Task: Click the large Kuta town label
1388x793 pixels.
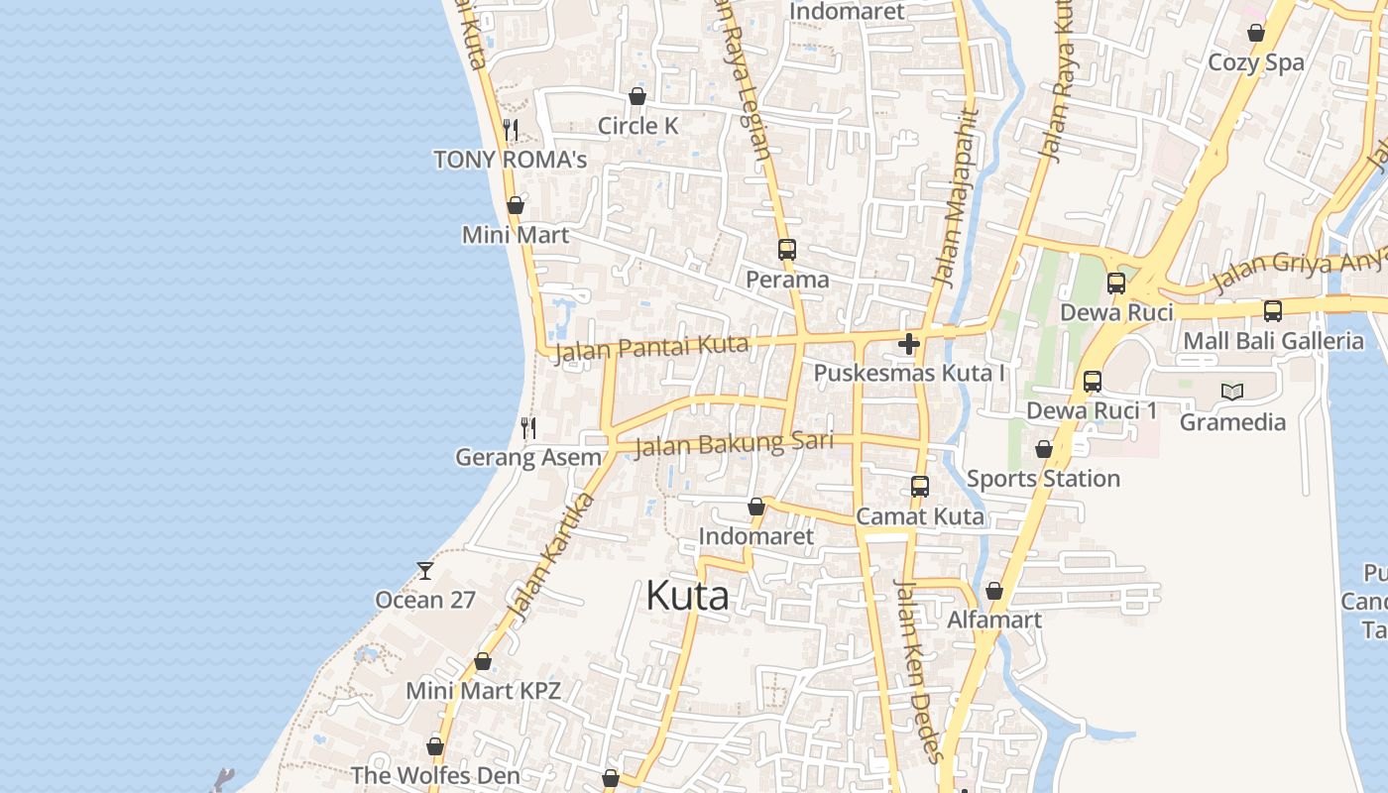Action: [x=687, y=596]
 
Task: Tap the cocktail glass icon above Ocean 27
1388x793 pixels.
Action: [x=425, y=570]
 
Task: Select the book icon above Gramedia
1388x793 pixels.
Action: [x=1232, y=393]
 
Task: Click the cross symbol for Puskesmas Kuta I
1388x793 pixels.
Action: [x=908, y=344]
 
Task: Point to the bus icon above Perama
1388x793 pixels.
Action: [x=787, y=250]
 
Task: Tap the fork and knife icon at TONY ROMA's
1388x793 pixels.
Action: [x=511, y=130]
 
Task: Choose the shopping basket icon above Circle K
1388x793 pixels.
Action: [x=637, y=96]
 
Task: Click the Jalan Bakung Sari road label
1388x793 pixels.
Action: [x=733, y=444]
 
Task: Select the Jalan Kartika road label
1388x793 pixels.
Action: [x=550, y=554]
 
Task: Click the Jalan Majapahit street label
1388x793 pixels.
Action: [x=955, y=198]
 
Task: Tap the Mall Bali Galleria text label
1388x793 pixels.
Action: [x=1273, y=341]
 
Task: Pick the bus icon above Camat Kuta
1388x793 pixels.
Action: [x=920, y=487]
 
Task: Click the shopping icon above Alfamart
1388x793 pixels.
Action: [x=994, y=592]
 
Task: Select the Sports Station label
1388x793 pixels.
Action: [x=1043, y=479]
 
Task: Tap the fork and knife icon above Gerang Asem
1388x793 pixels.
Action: [x=528, y=428]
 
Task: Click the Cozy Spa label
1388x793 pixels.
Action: [x=1255, y=62]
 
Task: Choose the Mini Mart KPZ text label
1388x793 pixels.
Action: [x=484, y=691]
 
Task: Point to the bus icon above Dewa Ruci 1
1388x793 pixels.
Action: [x=1093, y=382]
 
